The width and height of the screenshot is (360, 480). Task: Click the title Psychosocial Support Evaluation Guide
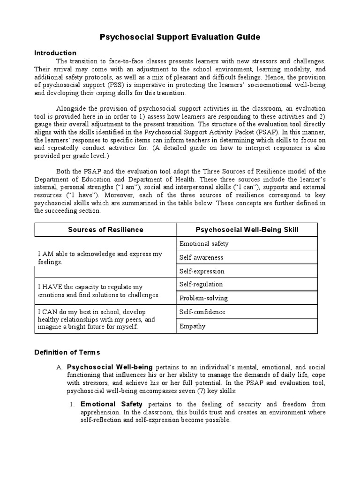tap(180, 37)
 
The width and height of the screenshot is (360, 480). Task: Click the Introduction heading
tap(55, 53)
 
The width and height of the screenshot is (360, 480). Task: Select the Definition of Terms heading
tap(67, 352)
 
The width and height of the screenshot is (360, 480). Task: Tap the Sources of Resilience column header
tap(105, 229)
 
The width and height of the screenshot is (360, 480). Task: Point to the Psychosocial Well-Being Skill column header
tap(247, 229)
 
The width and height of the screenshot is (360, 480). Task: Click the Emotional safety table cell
tap(204, 244)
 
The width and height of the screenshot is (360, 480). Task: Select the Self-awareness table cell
tap(201, 257)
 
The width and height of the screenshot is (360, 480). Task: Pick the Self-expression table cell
tap(202, 271)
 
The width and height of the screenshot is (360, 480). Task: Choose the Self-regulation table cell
tap(201, 284)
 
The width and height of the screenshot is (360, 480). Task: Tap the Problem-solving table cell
tap(203, 298)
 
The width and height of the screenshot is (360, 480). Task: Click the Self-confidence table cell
tap(202, 312)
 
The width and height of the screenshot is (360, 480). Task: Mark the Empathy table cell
tap(192, 326)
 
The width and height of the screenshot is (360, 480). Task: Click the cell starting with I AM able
tap(100, 258)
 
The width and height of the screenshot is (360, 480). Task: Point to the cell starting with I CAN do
tap(96, 319)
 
